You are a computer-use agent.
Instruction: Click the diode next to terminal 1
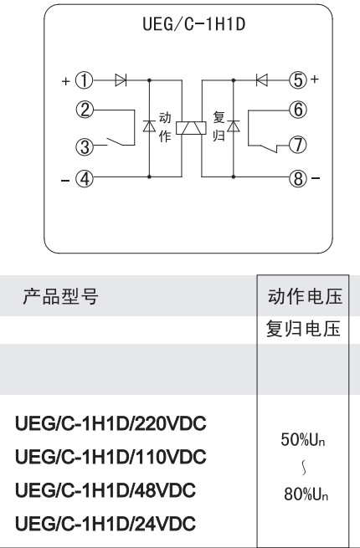[x=121, y=80]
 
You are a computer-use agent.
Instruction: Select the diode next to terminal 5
[x=262, y=80]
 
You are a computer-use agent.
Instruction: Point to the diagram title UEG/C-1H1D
[x=193, y=24]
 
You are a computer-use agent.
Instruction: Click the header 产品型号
[x=60, y=297]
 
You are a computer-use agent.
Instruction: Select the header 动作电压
[x=305, y=297]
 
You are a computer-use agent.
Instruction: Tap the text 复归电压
[x=303, y=329]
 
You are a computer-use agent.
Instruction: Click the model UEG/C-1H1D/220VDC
[x=111, y=423]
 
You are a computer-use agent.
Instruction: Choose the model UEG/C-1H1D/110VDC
[x=111, y=457]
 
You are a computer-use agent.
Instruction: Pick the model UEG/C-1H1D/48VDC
[x=105, y=490]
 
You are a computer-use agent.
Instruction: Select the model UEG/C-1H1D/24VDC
[x=105, y=524]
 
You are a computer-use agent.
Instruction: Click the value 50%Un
[x=303, y=439]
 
